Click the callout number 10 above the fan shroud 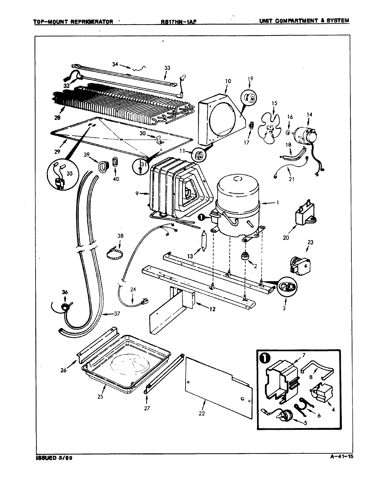(x=228, y=81)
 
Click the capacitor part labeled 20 (x=304, y=216)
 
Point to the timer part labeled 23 (x=301, y=265)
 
